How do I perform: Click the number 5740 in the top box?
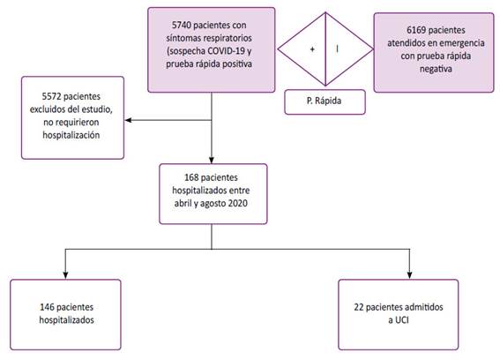pos(181,25)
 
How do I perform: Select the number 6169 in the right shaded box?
pos(416,30)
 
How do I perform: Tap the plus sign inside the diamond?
pos(312,49)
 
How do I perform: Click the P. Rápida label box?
pos(325,101)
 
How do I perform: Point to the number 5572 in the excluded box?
pos(52,96)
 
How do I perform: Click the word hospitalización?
pos(71,135)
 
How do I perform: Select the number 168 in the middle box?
pos(191,177)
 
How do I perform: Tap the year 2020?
pos(237,203)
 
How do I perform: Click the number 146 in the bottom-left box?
pos(47,307)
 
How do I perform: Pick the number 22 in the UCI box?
pos(359,307)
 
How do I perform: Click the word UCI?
pos(402,319)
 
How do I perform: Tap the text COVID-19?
pos(226,51)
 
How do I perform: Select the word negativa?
pos(436,69)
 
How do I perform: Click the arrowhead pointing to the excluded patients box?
pos(128,120)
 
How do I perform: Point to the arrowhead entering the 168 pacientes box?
pos(212,161)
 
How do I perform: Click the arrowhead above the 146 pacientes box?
pos(65,276)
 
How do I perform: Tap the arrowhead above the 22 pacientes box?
pos(410,276)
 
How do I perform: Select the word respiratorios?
pos(228,38)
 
